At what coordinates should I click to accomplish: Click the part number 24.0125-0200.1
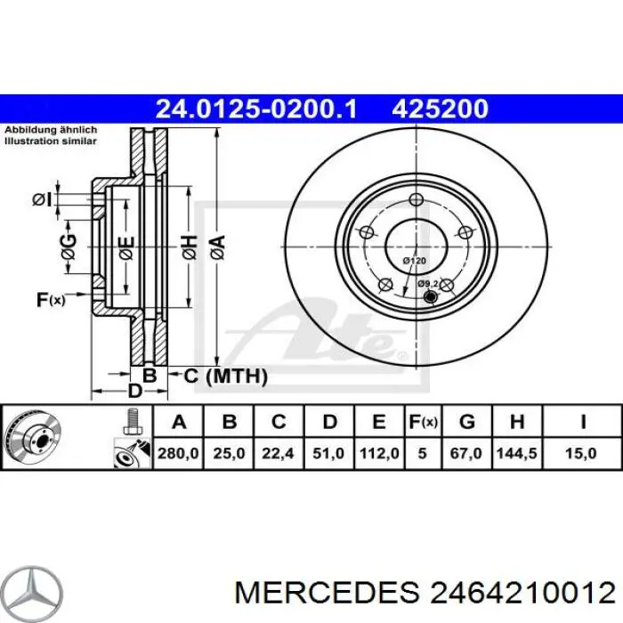point(256,109)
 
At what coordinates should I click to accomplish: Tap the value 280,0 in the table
point(178,453)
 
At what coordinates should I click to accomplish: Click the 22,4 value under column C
point(279,453)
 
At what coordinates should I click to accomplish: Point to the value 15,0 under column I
point(581,453)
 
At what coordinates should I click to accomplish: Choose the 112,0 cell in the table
point(378,453)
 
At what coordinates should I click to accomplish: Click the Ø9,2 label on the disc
point(428,283)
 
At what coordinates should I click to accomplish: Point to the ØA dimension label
point(217,243)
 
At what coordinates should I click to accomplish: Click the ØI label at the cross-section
point(41,200)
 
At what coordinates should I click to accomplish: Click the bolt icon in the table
point(130,420)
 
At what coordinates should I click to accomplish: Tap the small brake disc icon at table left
point(30,437)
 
